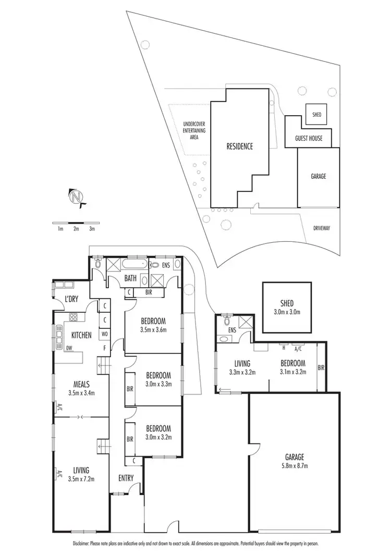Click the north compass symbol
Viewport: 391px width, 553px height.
[76, 198]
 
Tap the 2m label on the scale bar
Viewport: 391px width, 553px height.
[76, 228]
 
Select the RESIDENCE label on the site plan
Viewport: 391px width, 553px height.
[239, 146]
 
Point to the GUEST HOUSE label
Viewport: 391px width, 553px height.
[309, 139]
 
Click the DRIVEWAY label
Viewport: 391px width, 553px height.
[322, 228]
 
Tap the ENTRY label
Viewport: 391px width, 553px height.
[126, 478]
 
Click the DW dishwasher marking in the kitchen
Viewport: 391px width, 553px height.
[69, 349]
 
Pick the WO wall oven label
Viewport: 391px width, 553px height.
[105, 334]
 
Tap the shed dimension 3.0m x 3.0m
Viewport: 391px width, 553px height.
[287, 312]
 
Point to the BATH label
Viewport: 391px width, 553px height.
[130, 278]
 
